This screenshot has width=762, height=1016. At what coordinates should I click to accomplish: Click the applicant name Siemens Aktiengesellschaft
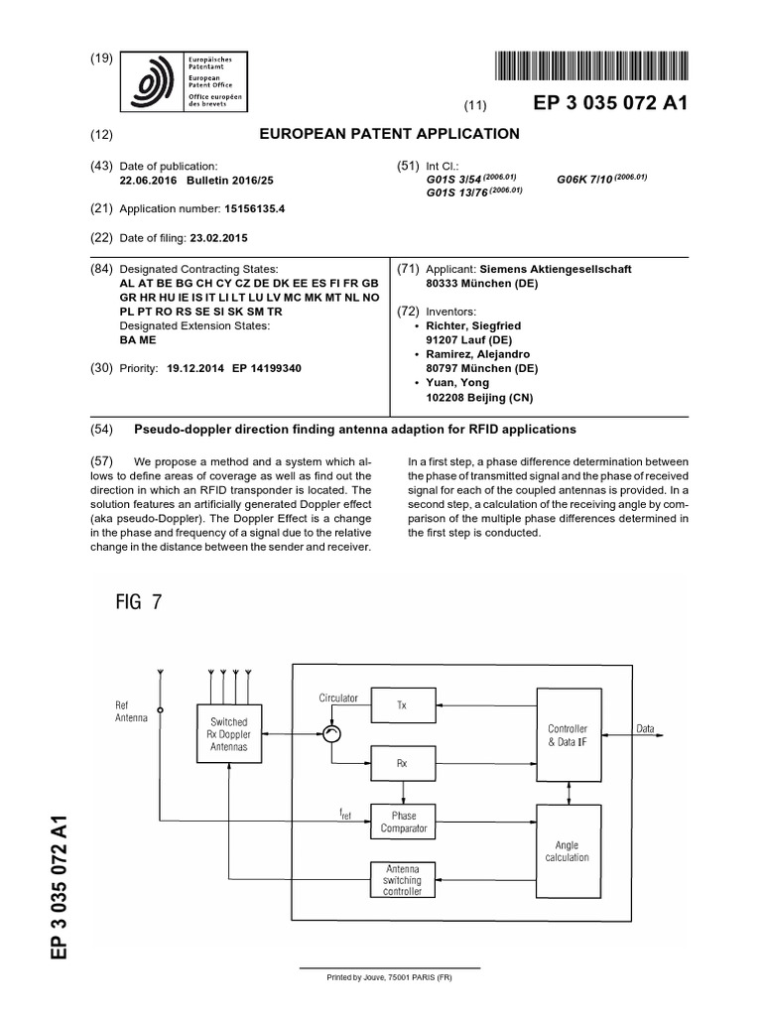556,269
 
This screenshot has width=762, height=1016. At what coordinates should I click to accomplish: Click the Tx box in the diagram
402,705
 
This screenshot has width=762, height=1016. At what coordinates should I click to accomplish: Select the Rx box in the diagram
402,763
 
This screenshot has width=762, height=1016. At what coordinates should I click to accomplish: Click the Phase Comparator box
403,821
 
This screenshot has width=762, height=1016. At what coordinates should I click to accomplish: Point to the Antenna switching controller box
402,879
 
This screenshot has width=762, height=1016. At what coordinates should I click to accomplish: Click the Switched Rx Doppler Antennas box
228,735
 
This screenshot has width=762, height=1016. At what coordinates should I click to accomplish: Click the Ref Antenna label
131,710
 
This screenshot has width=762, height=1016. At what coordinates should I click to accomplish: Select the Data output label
645,729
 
